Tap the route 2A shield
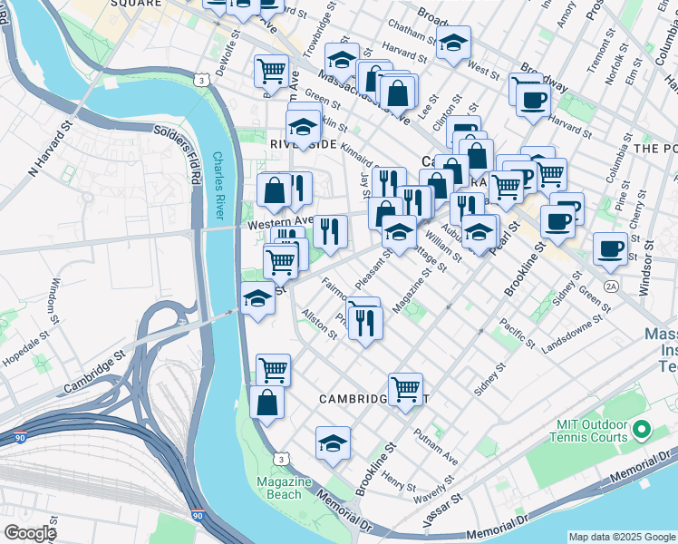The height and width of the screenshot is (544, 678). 612,287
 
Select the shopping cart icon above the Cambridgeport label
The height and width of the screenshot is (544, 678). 405,388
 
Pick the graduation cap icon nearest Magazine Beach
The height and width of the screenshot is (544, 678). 333,442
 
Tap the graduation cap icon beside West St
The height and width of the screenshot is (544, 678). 452,42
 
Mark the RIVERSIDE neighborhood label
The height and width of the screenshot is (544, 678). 303,144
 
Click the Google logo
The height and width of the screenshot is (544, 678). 30,533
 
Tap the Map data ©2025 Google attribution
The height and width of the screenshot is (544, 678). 621,537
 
